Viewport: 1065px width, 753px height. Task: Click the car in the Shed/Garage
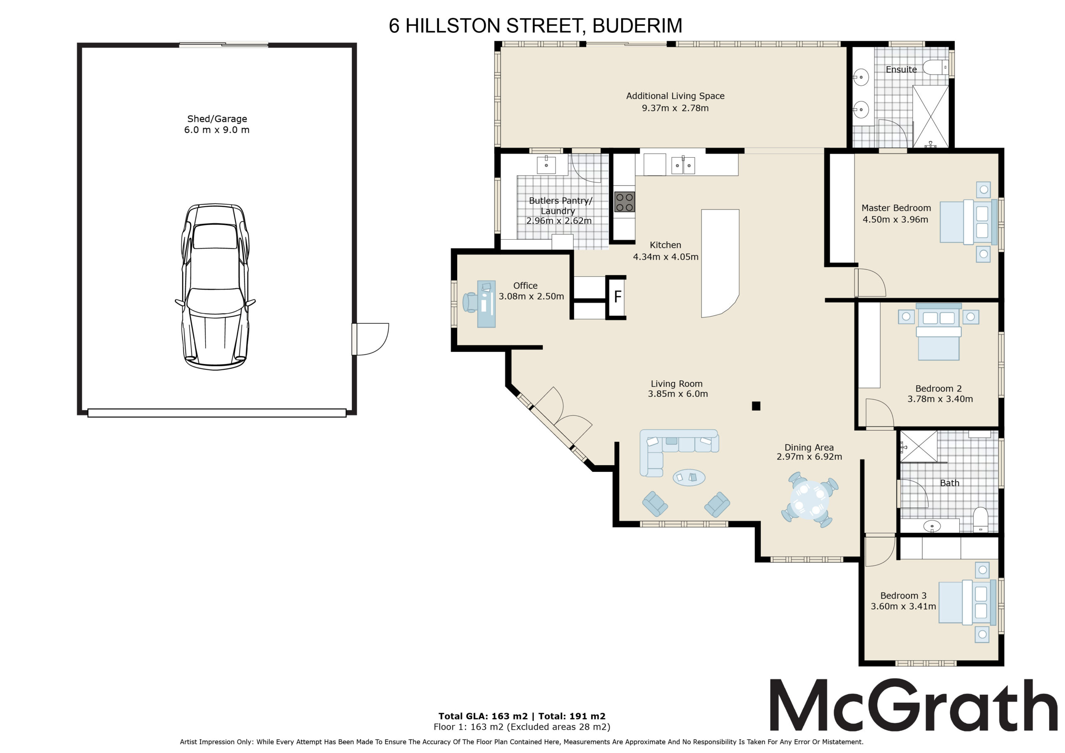pos(215,286)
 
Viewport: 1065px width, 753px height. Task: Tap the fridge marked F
pos(616,297)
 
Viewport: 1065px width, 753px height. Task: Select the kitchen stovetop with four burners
pos(624,202)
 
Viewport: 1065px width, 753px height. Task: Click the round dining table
pos(810,499)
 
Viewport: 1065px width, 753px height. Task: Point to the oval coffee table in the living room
pos(689,478)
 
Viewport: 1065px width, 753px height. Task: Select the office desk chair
pos(471,302)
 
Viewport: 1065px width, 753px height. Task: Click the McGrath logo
pos(913,706)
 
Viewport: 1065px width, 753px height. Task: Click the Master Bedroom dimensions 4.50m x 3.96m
pos(895,219)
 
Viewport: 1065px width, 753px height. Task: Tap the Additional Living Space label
pos(675,96)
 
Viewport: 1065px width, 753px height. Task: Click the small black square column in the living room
pos(755,406)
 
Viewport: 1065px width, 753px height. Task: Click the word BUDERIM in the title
pos(637,26)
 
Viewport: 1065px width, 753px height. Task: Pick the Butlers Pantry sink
pos(546,165)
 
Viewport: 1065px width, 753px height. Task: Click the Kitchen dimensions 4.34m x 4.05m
pos(666,257)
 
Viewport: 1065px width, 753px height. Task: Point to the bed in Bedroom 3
pos(967,602)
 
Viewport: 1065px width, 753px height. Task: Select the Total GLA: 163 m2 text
pos(483,716)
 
